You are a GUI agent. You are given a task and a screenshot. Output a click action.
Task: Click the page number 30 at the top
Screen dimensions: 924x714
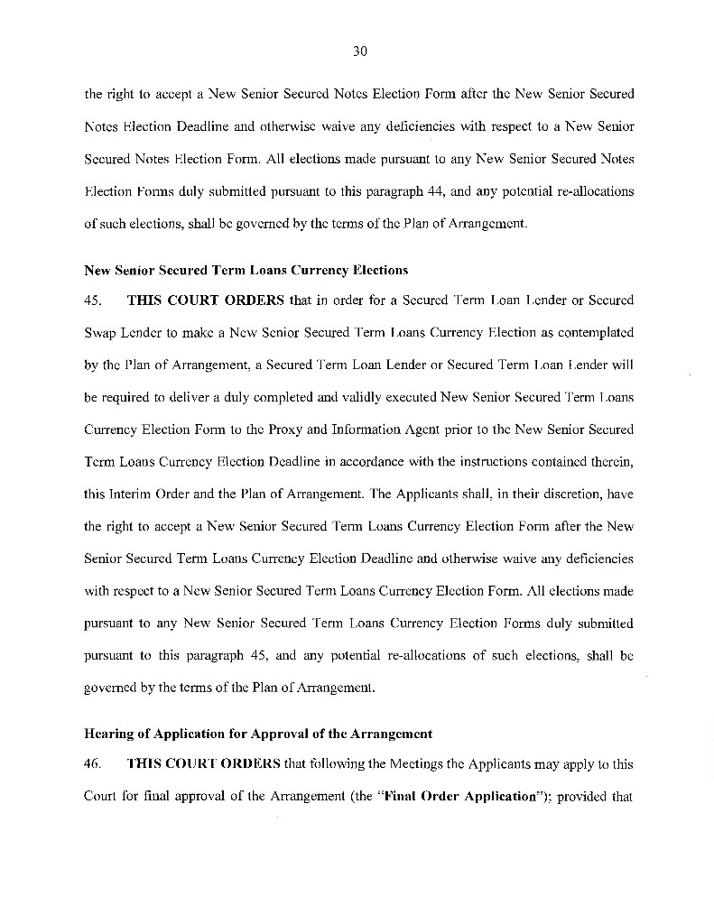point(358,51)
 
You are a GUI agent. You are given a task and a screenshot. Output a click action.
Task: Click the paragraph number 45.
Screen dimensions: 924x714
point(93,300)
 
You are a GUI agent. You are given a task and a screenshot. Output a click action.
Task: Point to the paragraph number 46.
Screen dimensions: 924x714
point(93,763)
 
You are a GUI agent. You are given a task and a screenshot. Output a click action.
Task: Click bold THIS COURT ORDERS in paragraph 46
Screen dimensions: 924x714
point(205,763)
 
